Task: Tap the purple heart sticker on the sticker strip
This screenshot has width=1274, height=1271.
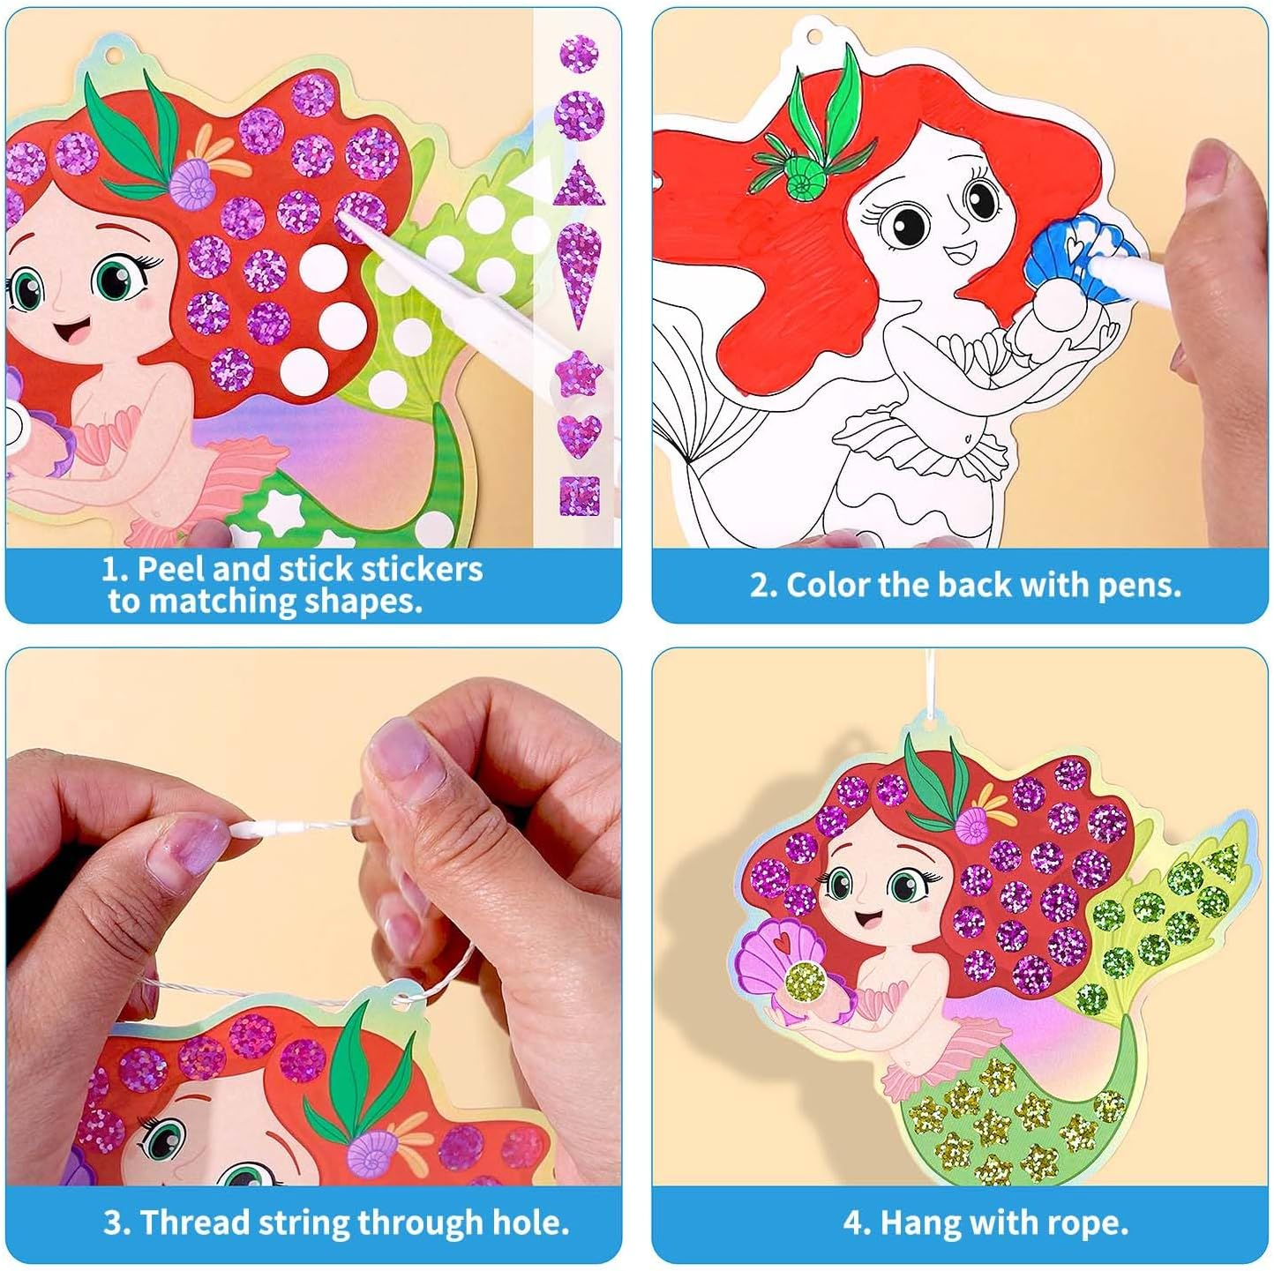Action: pyautogui.click(x=579, y=433)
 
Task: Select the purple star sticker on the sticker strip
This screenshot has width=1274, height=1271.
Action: pyautogui.click(x=580, y=373)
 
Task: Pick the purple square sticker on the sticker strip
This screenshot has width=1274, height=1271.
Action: pyautogui.click(x=579, y=496)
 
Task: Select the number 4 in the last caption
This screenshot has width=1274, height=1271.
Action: pyautogui.click(x=852, y=1223)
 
